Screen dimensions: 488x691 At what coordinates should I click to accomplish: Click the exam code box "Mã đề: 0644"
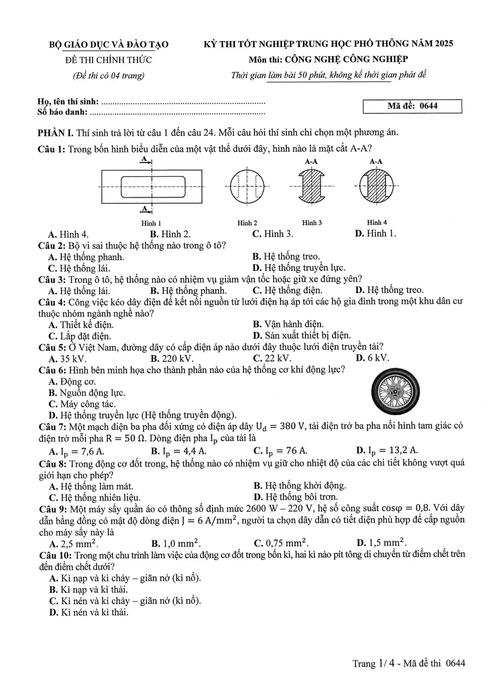(412, 106)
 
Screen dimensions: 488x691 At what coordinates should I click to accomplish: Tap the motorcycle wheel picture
(395, 392)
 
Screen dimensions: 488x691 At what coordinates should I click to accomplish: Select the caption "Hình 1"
(151, 223)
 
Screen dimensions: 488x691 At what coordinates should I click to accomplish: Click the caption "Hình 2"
(247, 223)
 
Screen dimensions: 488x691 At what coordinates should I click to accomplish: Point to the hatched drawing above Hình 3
(311, 186)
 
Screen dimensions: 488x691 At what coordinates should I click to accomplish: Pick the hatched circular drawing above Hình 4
(376, 186)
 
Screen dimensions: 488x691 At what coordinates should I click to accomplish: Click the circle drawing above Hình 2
(247, 186)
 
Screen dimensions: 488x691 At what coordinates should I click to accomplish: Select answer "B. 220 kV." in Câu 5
(172, 358)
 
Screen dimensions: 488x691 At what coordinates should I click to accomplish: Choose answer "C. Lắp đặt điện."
(80, 336)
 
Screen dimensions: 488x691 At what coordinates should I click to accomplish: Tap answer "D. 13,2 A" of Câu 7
(387, 451)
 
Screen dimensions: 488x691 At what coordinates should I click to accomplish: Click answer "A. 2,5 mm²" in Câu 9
(73, 543)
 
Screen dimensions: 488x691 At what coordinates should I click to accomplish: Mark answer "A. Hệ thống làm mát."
(91, 486)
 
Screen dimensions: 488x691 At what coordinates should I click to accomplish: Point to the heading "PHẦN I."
(56, 133)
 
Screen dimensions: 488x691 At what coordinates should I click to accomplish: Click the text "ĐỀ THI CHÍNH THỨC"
(108, 60)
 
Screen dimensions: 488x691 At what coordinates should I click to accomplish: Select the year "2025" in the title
(444, 43)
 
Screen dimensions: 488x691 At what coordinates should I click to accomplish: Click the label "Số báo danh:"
(62, 112)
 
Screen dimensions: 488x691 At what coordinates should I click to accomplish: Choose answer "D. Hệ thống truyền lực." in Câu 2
(299, 268)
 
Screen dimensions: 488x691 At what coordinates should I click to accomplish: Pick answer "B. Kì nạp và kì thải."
(88, 589)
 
